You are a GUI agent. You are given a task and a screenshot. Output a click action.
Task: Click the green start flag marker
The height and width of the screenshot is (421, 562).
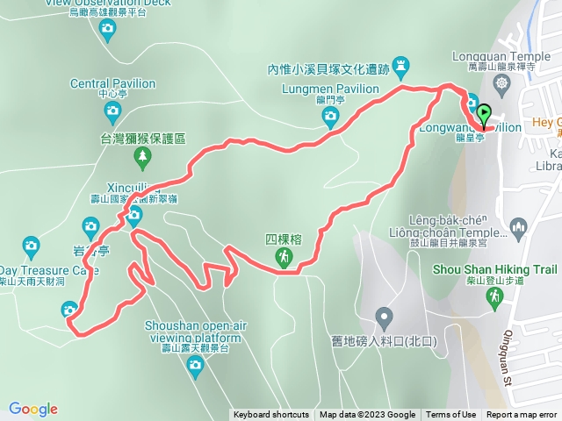[485, 113]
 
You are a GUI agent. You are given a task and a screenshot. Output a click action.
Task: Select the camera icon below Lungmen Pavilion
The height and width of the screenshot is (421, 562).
[330, 115]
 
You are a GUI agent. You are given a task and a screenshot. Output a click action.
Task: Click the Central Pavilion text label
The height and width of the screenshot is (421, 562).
[112, 83]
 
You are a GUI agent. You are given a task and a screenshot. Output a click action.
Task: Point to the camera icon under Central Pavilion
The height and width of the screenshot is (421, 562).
[112, 111]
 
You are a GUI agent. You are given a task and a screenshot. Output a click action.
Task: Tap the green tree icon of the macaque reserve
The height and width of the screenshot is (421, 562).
[142, 156]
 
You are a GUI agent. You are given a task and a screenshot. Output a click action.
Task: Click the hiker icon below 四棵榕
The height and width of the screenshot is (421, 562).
[284, 257]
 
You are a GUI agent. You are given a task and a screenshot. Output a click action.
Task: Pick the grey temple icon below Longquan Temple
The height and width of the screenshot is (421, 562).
[501, 84]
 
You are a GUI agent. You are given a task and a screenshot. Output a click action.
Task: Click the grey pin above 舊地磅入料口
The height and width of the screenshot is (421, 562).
[384, 316]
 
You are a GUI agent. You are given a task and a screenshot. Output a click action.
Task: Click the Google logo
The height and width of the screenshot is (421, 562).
[33, 409]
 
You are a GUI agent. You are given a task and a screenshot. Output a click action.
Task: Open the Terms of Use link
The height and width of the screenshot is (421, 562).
[451, 415]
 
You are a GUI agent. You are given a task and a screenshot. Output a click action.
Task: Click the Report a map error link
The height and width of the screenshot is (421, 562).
[522, 415]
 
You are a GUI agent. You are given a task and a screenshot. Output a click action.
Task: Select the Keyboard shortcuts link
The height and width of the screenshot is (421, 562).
[271, 415]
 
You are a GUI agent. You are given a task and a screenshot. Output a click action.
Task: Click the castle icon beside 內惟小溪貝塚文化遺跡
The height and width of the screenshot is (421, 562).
[401, 65]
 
